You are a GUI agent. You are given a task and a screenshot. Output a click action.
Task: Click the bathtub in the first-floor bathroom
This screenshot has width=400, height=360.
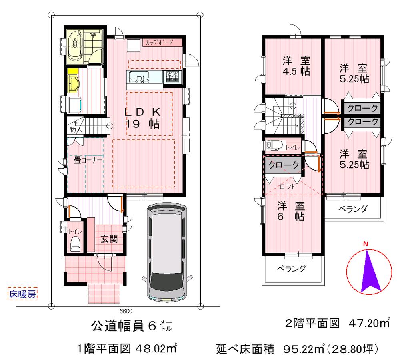coord(75,46)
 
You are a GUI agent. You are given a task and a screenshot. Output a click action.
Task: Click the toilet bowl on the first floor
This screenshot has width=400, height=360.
coord(75,243)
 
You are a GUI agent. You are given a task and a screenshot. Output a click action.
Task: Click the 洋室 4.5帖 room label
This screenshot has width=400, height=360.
coord(296,67)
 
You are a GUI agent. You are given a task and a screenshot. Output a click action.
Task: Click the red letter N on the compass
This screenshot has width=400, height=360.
coord(365,245)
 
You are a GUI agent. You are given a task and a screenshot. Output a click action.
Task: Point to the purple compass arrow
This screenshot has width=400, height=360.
coord(370,272)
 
